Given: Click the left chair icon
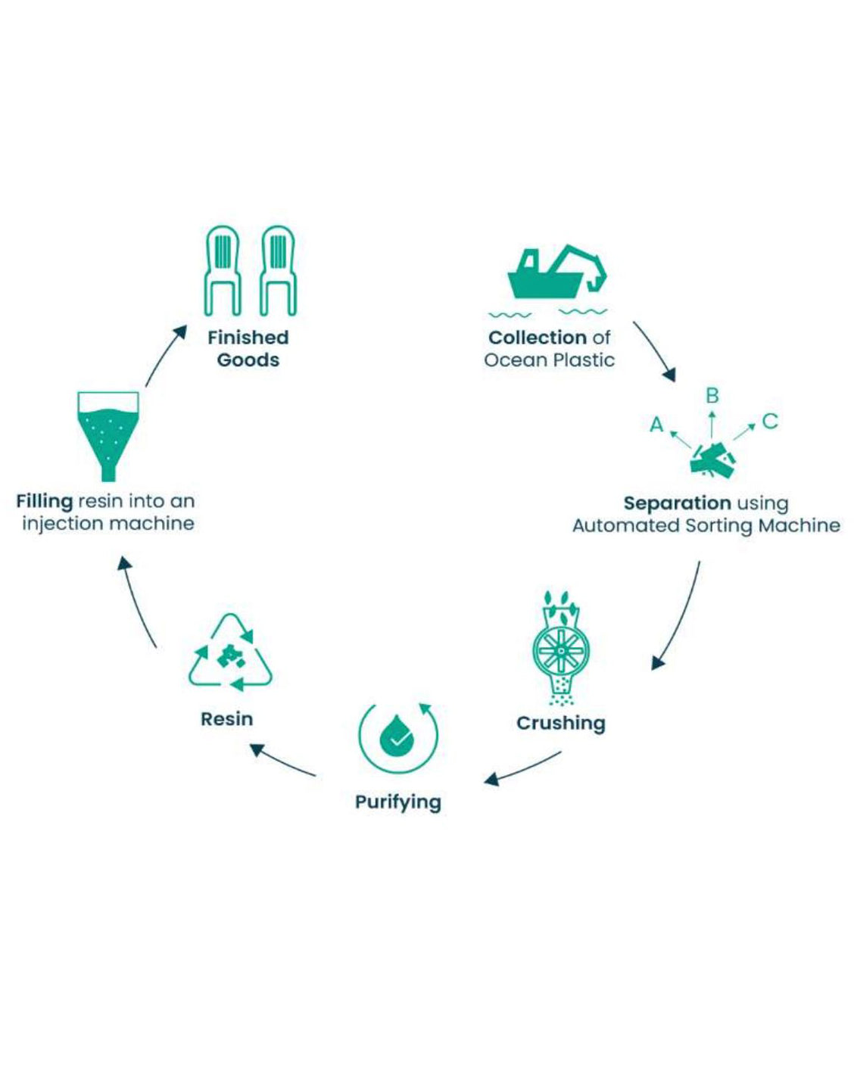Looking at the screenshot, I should [223, 270].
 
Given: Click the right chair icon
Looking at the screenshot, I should [278, 270].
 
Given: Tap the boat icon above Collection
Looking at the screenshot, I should [556, 272].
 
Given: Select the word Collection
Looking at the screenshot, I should [538, 338].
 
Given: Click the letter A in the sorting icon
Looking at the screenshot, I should [656, 425].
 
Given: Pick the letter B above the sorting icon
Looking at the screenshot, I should [712, 396].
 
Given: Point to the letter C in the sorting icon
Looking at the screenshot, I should [770, 421].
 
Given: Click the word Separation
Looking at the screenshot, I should [677, 503].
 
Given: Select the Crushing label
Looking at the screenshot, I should [560, 723].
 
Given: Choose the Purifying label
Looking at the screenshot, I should [397, 802].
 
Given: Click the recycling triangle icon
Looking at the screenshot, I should [230, 654].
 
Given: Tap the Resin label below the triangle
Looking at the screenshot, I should [226, 718].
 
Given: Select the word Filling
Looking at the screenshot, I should [45, 501].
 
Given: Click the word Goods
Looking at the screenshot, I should [248, 360].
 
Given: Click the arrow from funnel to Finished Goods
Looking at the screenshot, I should [165, 356].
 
